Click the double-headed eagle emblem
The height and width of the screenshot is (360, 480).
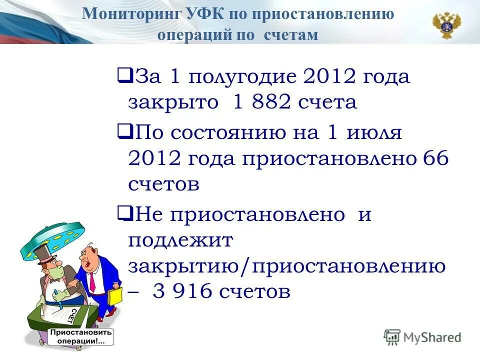446,25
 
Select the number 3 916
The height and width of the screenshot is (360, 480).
187,291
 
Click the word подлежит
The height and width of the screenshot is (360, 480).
180,241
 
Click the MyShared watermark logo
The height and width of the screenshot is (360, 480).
422,337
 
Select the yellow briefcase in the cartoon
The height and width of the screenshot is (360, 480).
114,295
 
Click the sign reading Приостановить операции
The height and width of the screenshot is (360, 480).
80,336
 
